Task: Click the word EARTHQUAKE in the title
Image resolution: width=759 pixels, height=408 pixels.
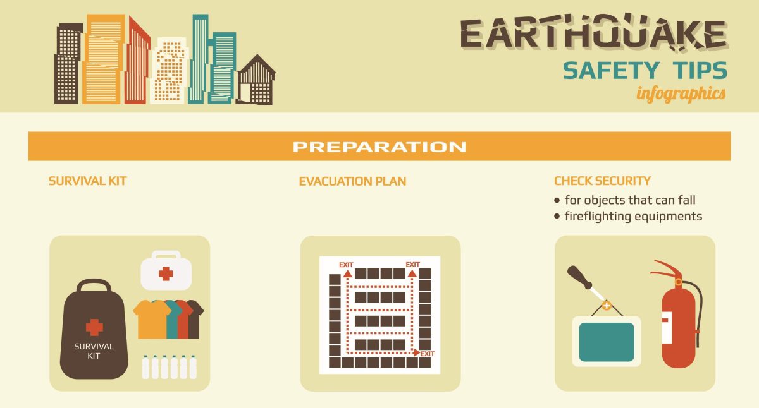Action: pyautogui.click(x=593, y=34)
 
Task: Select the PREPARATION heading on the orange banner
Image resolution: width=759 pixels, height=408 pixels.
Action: pyautogui.click(x=379, y=147)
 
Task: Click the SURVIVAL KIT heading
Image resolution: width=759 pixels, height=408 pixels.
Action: pyautogui.click(x=88, y=181)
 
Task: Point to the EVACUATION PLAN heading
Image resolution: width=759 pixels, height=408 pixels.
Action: pyautogui.click(x=352, y=181)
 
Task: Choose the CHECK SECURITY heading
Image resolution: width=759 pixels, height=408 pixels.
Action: pyautogui.click(x=602, y=181)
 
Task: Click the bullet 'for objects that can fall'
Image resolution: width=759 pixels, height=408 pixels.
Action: pyautogui.click(x=629, y=200)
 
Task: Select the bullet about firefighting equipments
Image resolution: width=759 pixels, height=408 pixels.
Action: pyautogui.click(x=632, y=216)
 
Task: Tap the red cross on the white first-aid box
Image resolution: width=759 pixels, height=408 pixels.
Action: pyautogui.click(x=166, y=273)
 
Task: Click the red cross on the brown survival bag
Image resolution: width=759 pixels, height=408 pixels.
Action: pyautogui.click(x=94, y=327)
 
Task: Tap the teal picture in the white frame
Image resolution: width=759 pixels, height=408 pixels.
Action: pyautogui.click(x=607, y=342)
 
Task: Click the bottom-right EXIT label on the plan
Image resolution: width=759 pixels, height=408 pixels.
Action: pyautogui.click(x=428, y=354)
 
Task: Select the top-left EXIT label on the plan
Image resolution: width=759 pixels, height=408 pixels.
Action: pyautogui.click(x=346, y=264)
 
